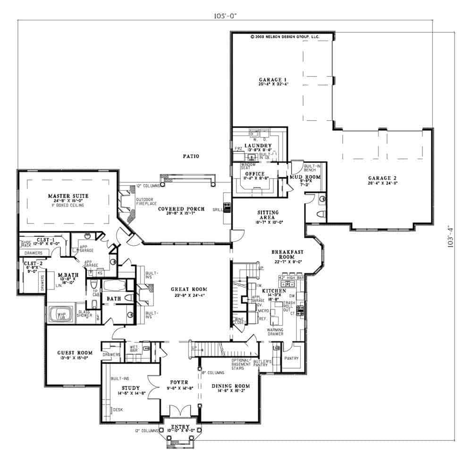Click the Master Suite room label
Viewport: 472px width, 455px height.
tap(67, 195)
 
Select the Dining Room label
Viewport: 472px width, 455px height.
tap(230, 386)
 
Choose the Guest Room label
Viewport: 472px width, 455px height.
tap(75, 352)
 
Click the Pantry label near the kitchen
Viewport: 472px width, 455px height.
tap(292, 358)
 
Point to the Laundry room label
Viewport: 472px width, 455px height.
tap(258, 145)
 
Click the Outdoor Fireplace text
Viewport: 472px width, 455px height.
tap(144, 201)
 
